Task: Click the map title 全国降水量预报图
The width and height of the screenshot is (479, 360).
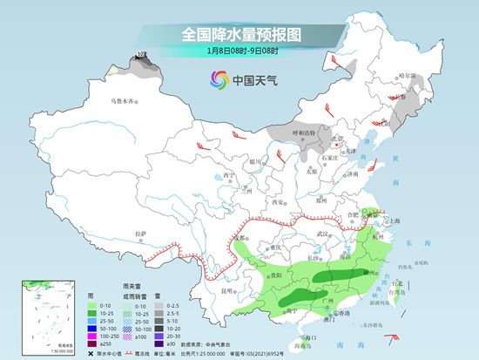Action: click(239, 34)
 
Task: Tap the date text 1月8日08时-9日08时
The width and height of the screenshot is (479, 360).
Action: click(239, 51)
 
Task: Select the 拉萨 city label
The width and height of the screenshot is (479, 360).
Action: click(141, 233)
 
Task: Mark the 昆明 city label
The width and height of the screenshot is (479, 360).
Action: click(228, 289)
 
